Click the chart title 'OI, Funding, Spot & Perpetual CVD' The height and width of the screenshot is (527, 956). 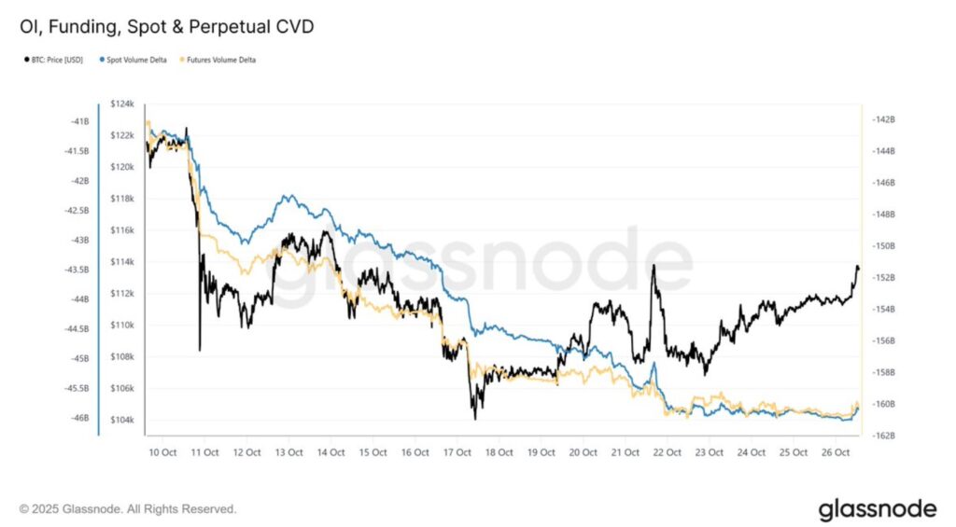166,26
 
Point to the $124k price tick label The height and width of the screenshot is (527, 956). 123,104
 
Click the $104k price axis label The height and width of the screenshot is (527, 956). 123,421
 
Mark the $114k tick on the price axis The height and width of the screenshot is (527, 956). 123,262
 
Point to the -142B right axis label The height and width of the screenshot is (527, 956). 882,119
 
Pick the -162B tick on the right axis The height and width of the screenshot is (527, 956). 882,437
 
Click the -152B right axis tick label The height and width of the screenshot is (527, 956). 882,278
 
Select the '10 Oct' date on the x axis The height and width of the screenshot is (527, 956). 162,452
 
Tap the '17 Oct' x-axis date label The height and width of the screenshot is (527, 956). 457,452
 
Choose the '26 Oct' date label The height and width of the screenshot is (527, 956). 836,452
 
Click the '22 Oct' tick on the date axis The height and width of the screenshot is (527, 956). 667,452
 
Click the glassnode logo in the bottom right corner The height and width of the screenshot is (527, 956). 877,509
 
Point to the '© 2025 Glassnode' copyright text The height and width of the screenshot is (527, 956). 128,509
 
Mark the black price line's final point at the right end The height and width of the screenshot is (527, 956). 858,270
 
